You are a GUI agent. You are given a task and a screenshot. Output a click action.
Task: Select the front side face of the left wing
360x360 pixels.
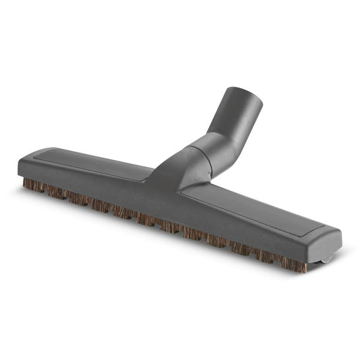coord(90,186)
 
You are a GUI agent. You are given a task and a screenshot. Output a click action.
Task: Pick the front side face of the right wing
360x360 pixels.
coord(252,231)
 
